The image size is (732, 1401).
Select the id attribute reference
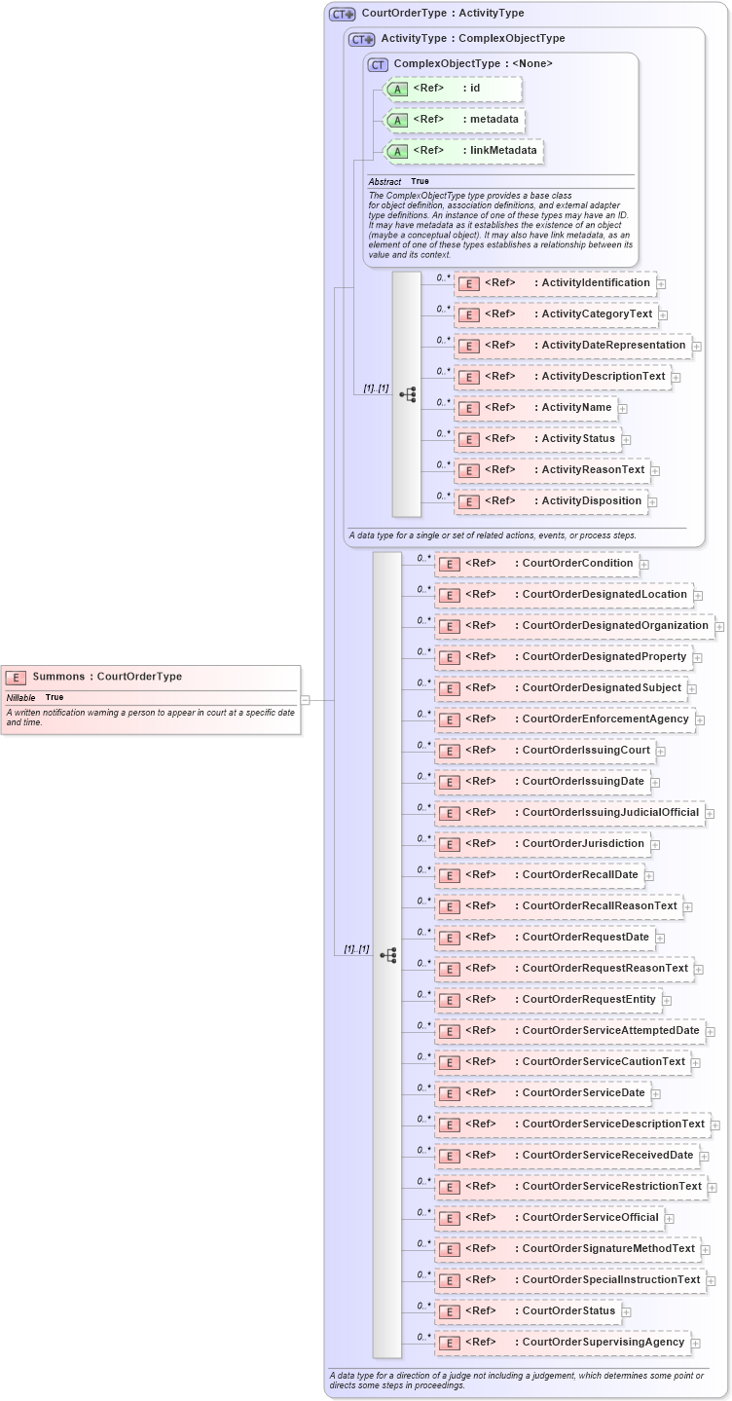454,89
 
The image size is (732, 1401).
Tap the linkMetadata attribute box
463,151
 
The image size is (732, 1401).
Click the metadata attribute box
456,120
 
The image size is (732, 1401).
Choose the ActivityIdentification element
555,283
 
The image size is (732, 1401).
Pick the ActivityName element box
535,408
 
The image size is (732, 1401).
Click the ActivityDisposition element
551,501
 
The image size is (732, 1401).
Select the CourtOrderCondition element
535,564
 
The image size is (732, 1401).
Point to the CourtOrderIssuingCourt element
543,751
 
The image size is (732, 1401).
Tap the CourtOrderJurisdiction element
541,844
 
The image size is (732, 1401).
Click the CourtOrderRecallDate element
538,875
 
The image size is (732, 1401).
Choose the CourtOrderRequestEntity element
547,1000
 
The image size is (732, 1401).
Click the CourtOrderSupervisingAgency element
562,1343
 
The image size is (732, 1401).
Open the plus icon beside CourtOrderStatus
627,1312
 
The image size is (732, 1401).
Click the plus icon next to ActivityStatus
627,440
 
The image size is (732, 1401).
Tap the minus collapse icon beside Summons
305,699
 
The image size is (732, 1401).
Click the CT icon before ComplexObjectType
378,64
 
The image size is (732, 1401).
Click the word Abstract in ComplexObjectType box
384,182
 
